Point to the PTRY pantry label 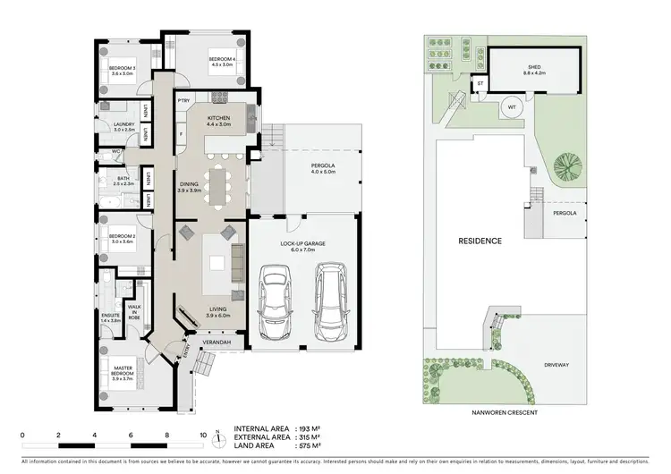(183, 99)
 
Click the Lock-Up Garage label (302, 247)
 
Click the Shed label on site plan (533, 67)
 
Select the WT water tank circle (511, 106)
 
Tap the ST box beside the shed (480, 84)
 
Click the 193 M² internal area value (312, 428)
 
